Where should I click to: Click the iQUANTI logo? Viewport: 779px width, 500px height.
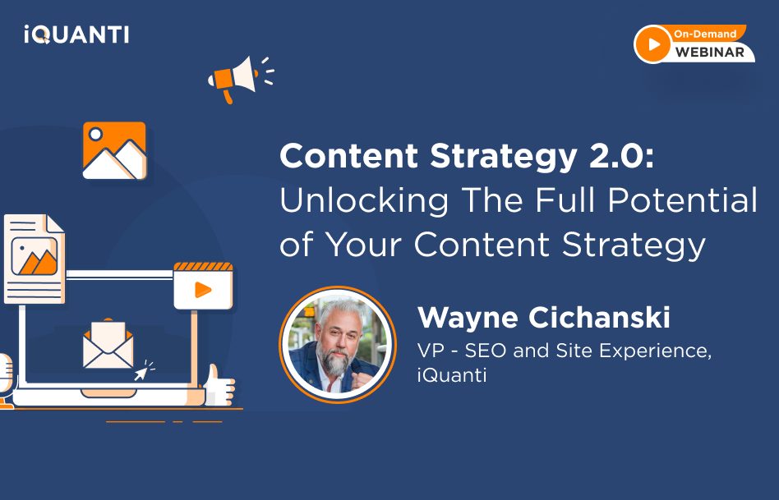[x=76, y=34]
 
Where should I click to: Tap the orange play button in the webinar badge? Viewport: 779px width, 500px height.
[x=652, y=44]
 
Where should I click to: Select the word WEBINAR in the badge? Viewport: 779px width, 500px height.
[x=709, y=53]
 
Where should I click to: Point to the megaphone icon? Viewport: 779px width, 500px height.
[x=241, y=79]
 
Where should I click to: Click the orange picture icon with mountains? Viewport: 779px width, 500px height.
[x=115, y=150]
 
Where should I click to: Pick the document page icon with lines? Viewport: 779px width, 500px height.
[x=35, y=259]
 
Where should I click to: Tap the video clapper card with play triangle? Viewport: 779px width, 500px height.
[x=203, y=286]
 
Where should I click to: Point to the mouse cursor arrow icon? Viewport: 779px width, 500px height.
[x=143, y=370]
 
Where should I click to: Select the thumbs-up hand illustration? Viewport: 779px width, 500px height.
[x=219, y=385]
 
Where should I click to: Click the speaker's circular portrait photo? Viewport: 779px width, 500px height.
[x=338, y=345]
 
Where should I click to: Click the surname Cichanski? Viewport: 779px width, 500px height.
[x=600, y=317]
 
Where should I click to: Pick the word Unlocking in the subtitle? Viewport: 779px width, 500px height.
[x=364, y=201]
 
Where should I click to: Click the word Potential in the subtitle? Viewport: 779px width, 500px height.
[x=683, y=200]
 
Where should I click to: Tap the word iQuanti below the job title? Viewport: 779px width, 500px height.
[x=452, y=375]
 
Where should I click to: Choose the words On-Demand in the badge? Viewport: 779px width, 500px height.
[x=705, y=34]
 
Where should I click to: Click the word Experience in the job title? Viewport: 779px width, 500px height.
[x=655, y=351]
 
